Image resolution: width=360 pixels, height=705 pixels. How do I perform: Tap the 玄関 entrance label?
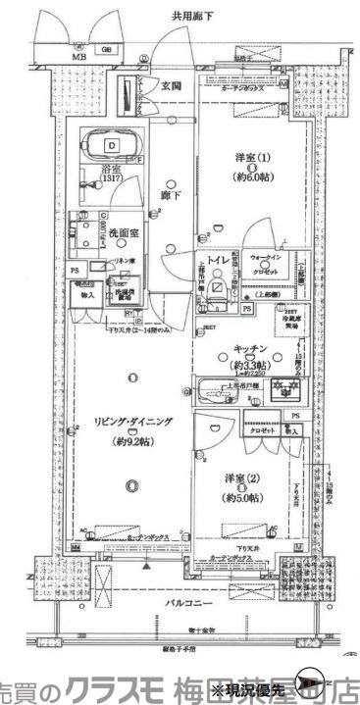(x=172, y=86)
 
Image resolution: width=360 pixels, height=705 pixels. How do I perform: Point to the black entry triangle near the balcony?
(x=146, y=566)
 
